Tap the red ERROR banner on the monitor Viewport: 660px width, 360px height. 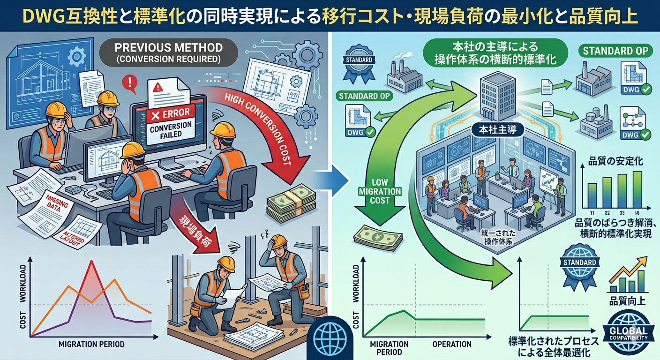click(168, 113)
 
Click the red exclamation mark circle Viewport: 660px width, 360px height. click(127, 83)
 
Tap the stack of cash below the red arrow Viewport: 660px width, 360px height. click(291, 202)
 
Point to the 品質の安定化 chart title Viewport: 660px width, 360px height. click(615, 163)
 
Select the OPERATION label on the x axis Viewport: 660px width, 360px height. click(452, 345)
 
